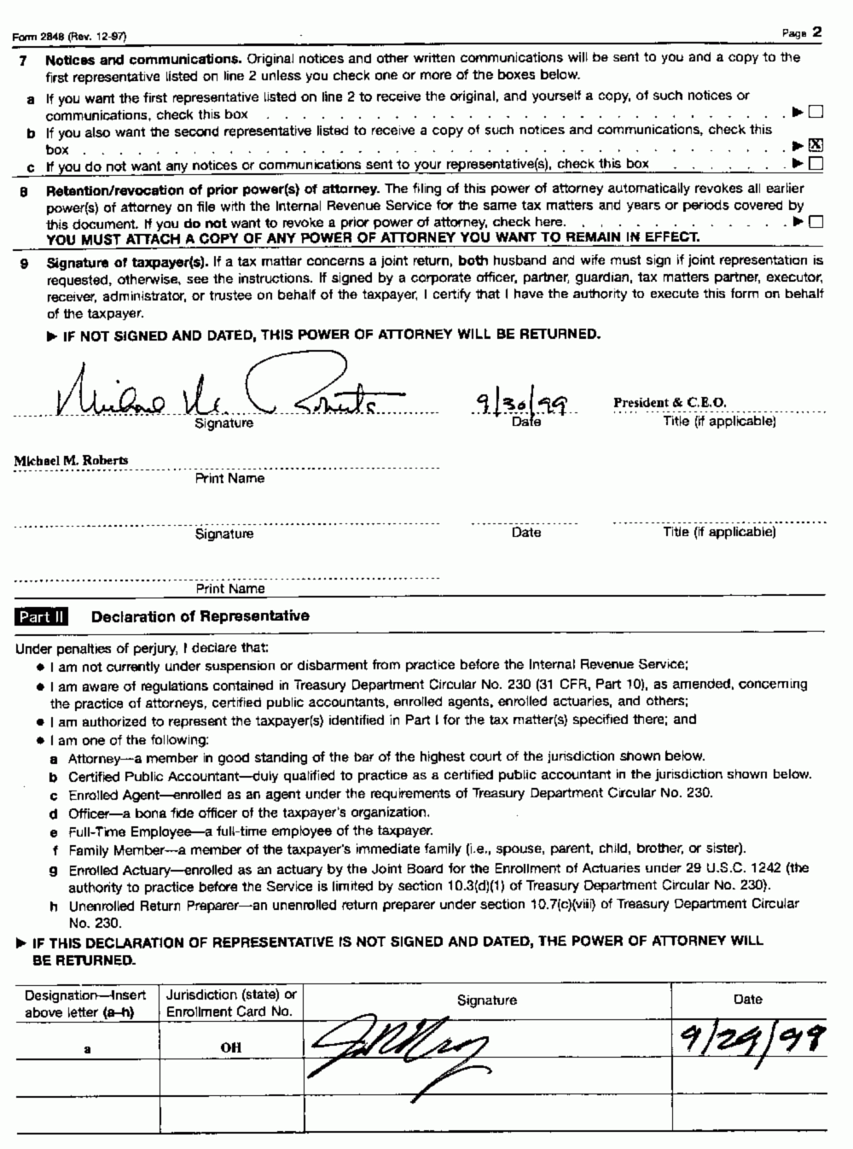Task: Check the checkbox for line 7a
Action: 815,112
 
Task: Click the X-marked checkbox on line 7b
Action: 815,145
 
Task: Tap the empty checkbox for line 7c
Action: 815,163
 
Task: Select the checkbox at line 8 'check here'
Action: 815,222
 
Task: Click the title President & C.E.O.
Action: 670,403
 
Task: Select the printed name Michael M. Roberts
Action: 71,460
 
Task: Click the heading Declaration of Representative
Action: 200,616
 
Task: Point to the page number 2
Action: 816,32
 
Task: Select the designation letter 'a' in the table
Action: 88,1047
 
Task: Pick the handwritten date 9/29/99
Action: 749,1039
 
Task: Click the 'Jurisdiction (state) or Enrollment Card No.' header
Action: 231,1003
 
